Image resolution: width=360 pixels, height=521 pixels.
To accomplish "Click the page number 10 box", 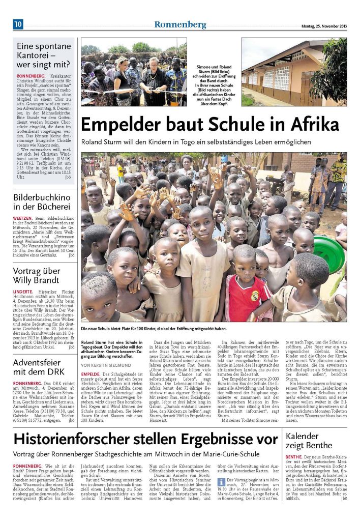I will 18,24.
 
